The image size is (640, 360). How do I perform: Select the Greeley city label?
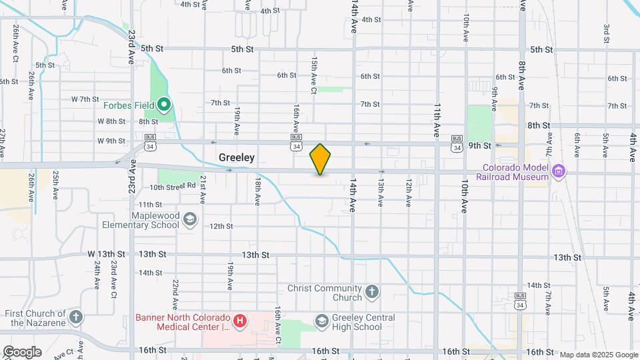point(237,158)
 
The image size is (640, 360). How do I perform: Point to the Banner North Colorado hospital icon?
point(241,322)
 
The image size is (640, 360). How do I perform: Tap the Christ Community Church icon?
point(372,292)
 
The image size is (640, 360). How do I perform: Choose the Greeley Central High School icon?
point(322,322)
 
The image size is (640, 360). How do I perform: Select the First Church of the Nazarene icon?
point(77,317)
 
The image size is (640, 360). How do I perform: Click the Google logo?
point(22,352)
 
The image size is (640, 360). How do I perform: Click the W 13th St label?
point(107,255)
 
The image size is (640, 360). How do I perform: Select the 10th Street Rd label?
point(172,187)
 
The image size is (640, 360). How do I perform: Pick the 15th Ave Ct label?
point(313,70)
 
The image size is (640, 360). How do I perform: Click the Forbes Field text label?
point(126,105)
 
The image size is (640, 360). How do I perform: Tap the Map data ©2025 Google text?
point(599,355)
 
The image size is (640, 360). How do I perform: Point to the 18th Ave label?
point(257,191)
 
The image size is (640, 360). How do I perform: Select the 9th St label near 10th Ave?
point(479,145)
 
